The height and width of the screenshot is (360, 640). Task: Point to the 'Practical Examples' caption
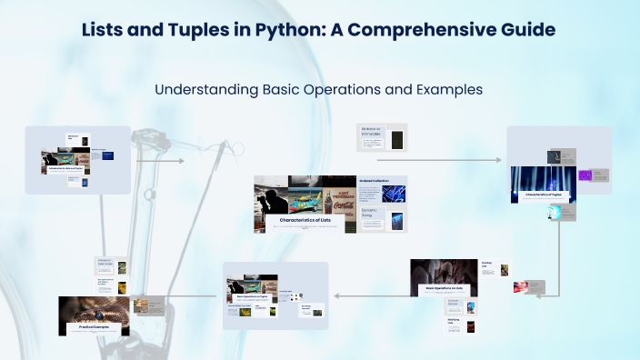[x=94, y=326]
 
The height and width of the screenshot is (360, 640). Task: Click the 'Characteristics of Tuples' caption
[x=544, y=193]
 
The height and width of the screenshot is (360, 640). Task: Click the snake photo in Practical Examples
[x=94, y=308]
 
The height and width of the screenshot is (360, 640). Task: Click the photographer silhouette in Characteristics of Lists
[x=271, y=200]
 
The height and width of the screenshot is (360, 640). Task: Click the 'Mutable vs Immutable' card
[x=383, y=137]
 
